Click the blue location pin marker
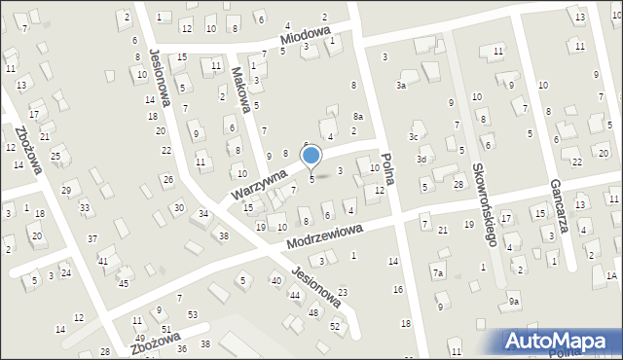pos(311,156)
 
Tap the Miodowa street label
pos(306,37)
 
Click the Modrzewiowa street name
pos(326,236)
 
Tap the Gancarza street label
pos(558,208)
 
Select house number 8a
pos(358,116)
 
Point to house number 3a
pos(400,86)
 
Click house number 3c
pos(414,136)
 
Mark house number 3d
pos(421,159)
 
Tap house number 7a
pos(438,273)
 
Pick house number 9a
pos(513,303)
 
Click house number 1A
pos(611,276)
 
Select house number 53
pos(193,314)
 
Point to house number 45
pos(124,283)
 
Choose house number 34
pos(203,213)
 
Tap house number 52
pos(334,326)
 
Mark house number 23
pos(342,292)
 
